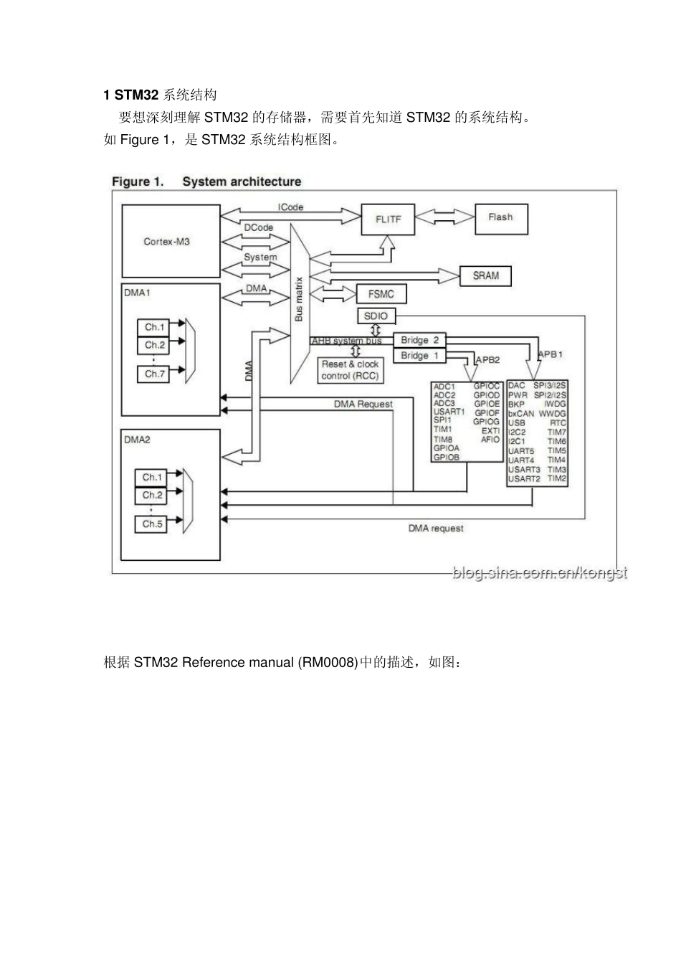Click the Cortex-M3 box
point(171,241)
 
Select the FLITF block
point(388,219)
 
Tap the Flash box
point(500,217)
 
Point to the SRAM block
point(485,275)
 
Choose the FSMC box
point(381,293)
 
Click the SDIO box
point(376,316)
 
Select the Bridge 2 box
point(419,340)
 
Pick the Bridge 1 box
point(419,356)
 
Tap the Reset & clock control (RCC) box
point(351,370)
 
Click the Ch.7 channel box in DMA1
point(154,374)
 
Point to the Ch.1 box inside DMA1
point(154,327)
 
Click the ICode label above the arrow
point(290,207)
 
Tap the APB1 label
point(551,354)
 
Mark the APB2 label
point(488,359)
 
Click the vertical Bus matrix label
point(300,298)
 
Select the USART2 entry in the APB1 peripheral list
point(524,478)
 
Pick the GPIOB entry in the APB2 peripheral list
point(446,457)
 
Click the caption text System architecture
point(242,181)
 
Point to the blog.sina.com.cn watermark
point(539,573)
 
